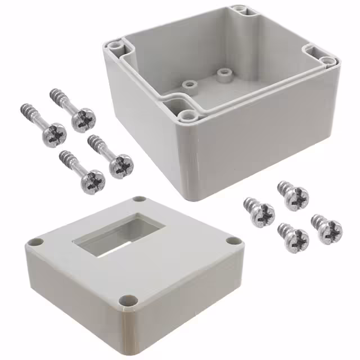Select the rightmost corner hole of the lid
click(x=232, y=241)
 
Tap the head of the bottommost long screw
click(x=92, y=182)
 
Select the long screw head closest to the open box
click(x=120, y=166)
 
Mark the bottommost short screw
click(x=293, y=238)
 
